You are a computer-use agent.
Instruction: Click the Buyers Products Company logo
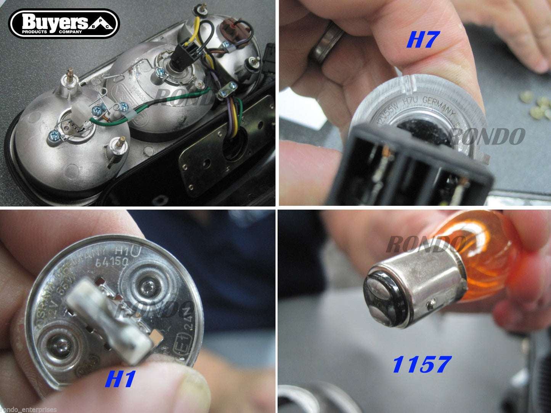(x=64, y=24)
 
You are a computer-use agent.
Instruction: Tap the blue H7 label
(x=423, y=40)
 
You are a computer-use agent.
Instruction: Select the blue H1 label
(x=120, y=379)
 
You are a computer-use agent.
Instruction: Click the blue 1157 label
(x=422, y=365)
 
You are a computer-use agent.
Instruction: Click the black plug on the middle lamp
(x=182, y=59)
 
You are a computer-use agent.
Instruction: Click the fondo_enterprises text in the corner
(x=29, y=410)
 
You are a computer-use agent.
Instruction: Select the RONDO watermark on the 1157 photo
(x=425, y=244)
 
